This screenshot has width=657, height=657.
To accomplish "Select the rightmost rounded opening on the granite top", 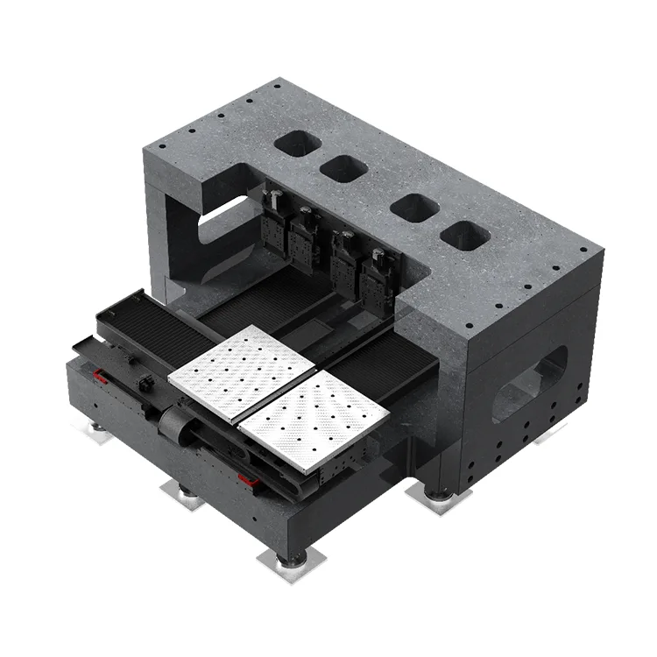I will click(x=465, y=234).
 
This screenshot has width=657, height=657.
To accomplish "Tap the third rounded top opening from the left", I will click(x=414, y=208).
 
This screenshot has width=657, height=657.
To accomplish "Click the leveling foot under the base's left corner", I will click(x=95, y=430).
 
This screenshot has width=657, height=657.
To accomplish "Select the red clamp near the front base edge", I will click(x=250, y=479).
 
